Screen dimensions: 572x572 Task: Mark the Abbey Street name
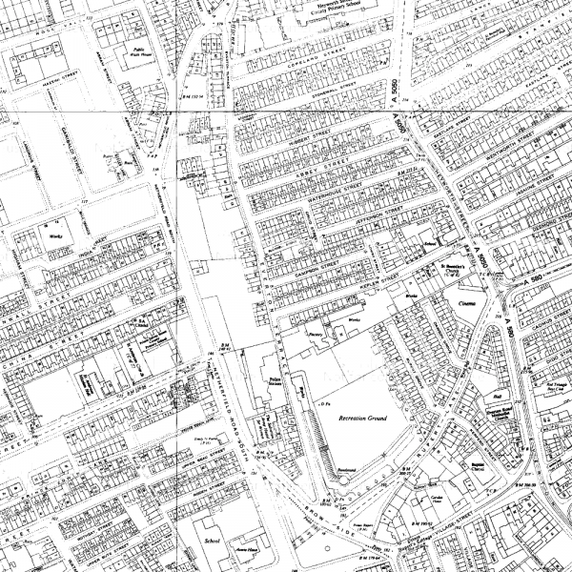tap(315, 173)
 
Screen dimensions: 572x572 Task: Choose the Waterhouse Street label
tap(329, 195)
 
